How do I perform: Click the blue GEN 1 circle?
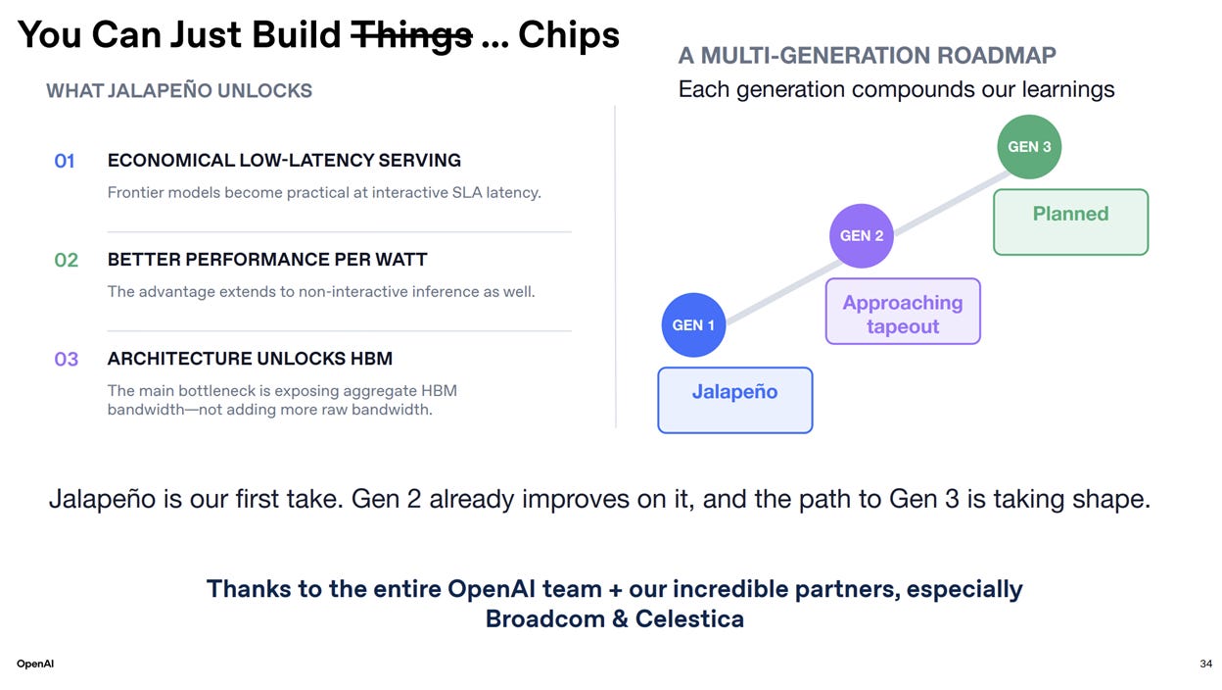693,325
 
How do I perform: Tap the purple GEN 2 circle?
862,236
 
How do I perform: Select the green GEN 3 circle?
1029,147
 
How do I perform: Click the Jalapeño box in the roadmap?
734,400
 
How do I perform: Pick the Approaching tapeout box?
903,311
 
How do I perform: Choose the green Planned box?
1071,222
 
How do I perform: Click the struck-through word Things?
412,35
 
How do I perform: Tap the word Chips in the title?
569,34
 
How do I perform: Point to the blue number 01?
65,161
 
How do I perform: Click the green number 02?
66,260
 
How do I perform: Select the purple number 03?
66,359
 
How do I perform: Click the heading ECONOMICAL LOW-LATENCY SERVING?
284,160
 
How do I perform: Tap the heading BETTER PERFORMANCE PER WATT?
267,260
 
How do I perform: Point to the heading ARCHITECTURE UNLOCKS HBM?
250,359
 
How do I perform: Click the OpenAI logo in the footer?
35,664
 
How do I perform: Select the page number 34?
1205,664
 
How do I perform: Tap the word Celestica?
689,619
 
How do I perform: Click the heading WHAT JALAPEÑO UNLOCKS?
179,90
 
